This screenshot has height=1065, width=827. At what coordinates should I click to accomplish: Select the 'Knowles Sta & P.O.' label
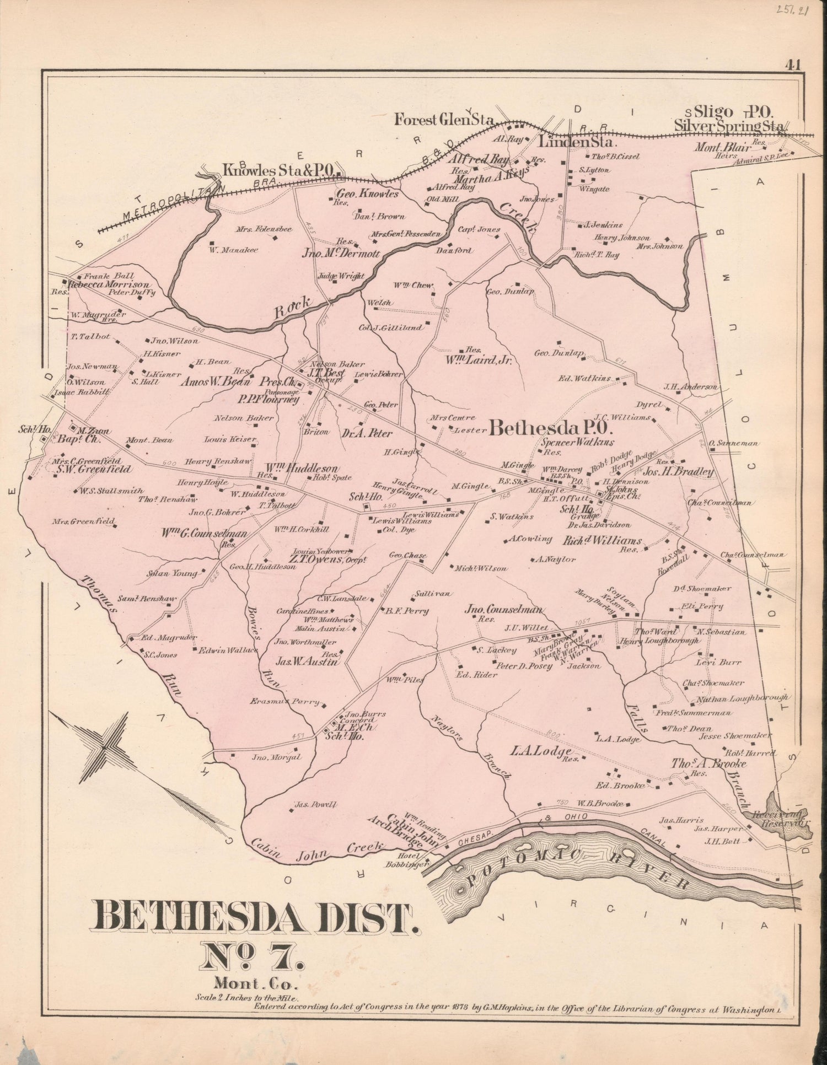(x=278, y=170)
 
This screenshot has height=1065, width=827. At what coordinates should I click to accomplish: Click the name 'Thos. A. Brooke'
(x=708, y=763)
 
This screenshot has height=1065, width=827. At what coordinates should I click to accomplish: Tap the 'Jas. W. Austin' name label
(x=307, y=663)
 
